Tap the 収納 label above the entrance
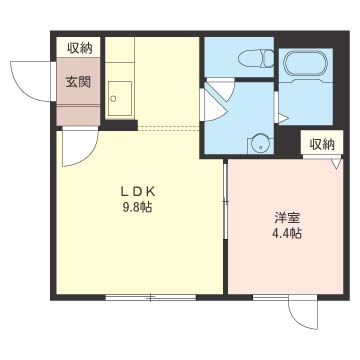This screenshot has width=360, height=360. (x=78, y=48)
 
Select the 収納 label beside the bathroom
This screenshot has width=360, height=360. (x=321, y=144)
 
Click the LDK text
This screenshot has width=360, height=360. (x=135, y=192)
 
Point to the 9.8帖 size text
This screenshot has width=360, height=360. (x=135, y=208)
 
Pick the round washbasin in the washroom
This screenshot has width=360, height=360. (x=261, y=142)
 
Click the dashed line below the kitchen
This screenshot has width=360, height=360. (x=170, y=128)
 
